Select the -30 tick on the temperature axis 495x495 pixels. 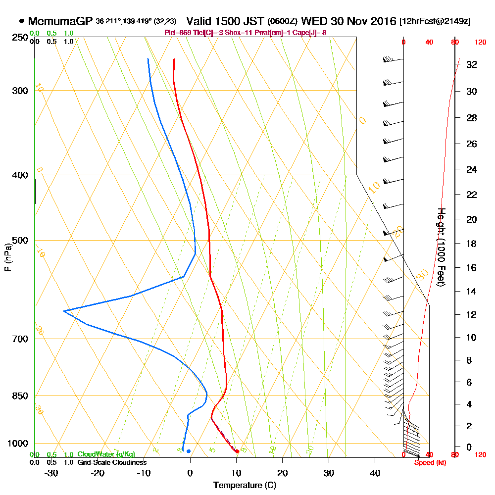(51, 472)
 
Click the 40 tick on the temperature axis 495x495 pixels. (375, 472)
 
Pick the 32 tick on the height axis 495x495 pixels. (472, 64)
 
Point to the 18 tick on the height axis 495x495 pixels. (472, 244)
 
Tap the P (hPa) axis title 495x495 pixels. (7, 257)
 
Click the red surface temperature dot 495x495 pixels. (237, 451)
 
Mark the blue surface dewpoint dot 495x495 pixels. (189, 451)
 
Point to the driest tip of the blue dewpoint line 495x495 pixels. (64, 311)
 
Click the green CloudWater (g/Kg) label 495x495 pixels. (105, 454)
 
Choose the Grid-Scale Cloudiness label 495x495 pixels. (111, 462)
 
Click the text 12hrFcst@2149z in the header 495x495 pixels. (435, 21)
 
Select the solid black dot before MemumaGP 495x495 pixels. (22, 21)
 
